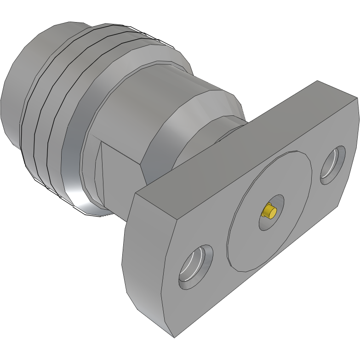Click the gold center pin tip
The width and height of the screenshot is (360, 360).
(269, 212)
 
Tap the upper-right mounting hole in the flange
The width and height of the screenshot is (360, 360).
(333, 165)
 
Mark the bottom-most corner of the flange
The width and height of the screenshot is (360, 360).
(174, 337)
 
